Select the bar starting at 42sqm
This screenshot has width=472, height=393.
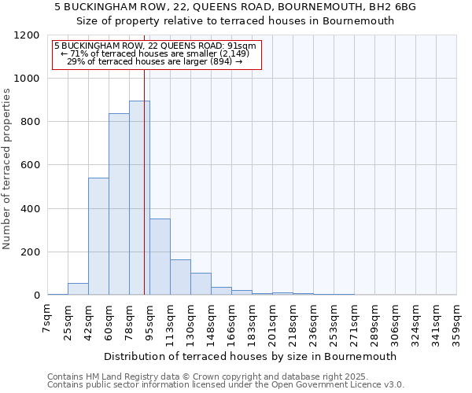98,236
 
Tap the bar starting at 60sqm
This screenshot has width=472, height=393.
119,204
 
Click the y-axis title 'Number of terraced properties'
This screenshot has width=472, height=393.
8,169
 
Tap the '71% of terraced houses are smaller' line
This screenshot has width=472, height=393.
155,53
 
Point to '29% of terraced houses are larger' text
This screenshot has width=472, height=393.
155,61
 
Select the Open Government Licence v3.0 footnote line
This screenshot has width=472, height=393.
226,385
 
